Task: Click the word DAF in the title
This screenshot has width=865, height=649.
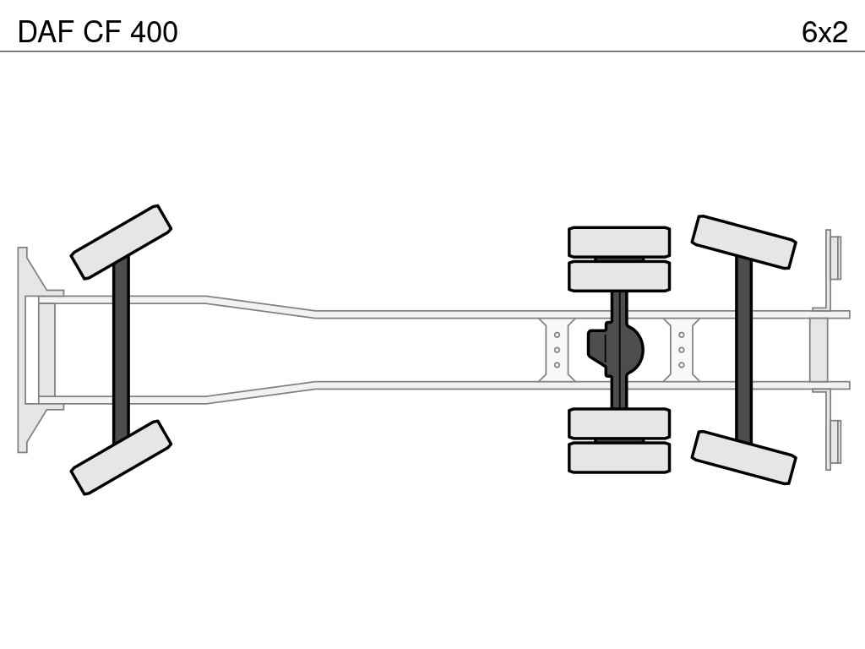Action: tap(46, 32)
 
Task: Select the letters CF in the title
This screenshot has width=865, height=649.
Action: tap(102, 32)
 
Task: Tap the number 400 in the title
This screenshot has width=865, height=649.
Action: tap(154, 32)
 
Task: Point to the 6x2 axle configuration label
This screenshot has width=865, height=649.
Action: tap(824, 32)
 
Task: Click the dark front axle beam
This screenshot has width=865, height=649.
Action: tap(121, 350)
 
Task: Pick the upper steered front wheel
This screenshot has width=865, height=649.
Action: tap(121, 242)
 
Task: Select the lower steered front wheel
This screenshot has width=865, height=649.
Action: tap(121, 457)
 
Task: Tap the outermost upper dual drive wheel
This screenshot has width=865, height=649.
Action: tap(619, 242)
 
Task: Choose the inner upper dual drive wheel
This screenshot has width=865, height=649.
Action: tap(619, 276)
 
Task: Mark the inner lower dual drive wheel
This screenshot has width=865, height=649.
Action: tap(619, 424)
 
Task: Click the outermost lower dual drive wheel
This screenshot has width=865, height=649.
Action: tap(619, 457)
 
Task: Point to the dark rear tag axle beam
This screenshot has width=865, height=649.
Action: tap(743, 350)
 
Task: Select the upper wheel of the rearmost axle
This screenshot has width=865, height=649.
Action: tap(743, 243)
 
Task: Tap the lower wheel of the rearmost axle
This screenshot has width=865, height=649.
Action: tap(743, 457)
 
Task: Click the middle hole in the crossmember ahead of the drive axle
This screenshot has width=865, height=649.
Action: tap(557, 350)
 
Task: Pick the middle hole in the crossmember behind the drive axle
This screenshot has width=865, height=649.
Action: tap(682, 350)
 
